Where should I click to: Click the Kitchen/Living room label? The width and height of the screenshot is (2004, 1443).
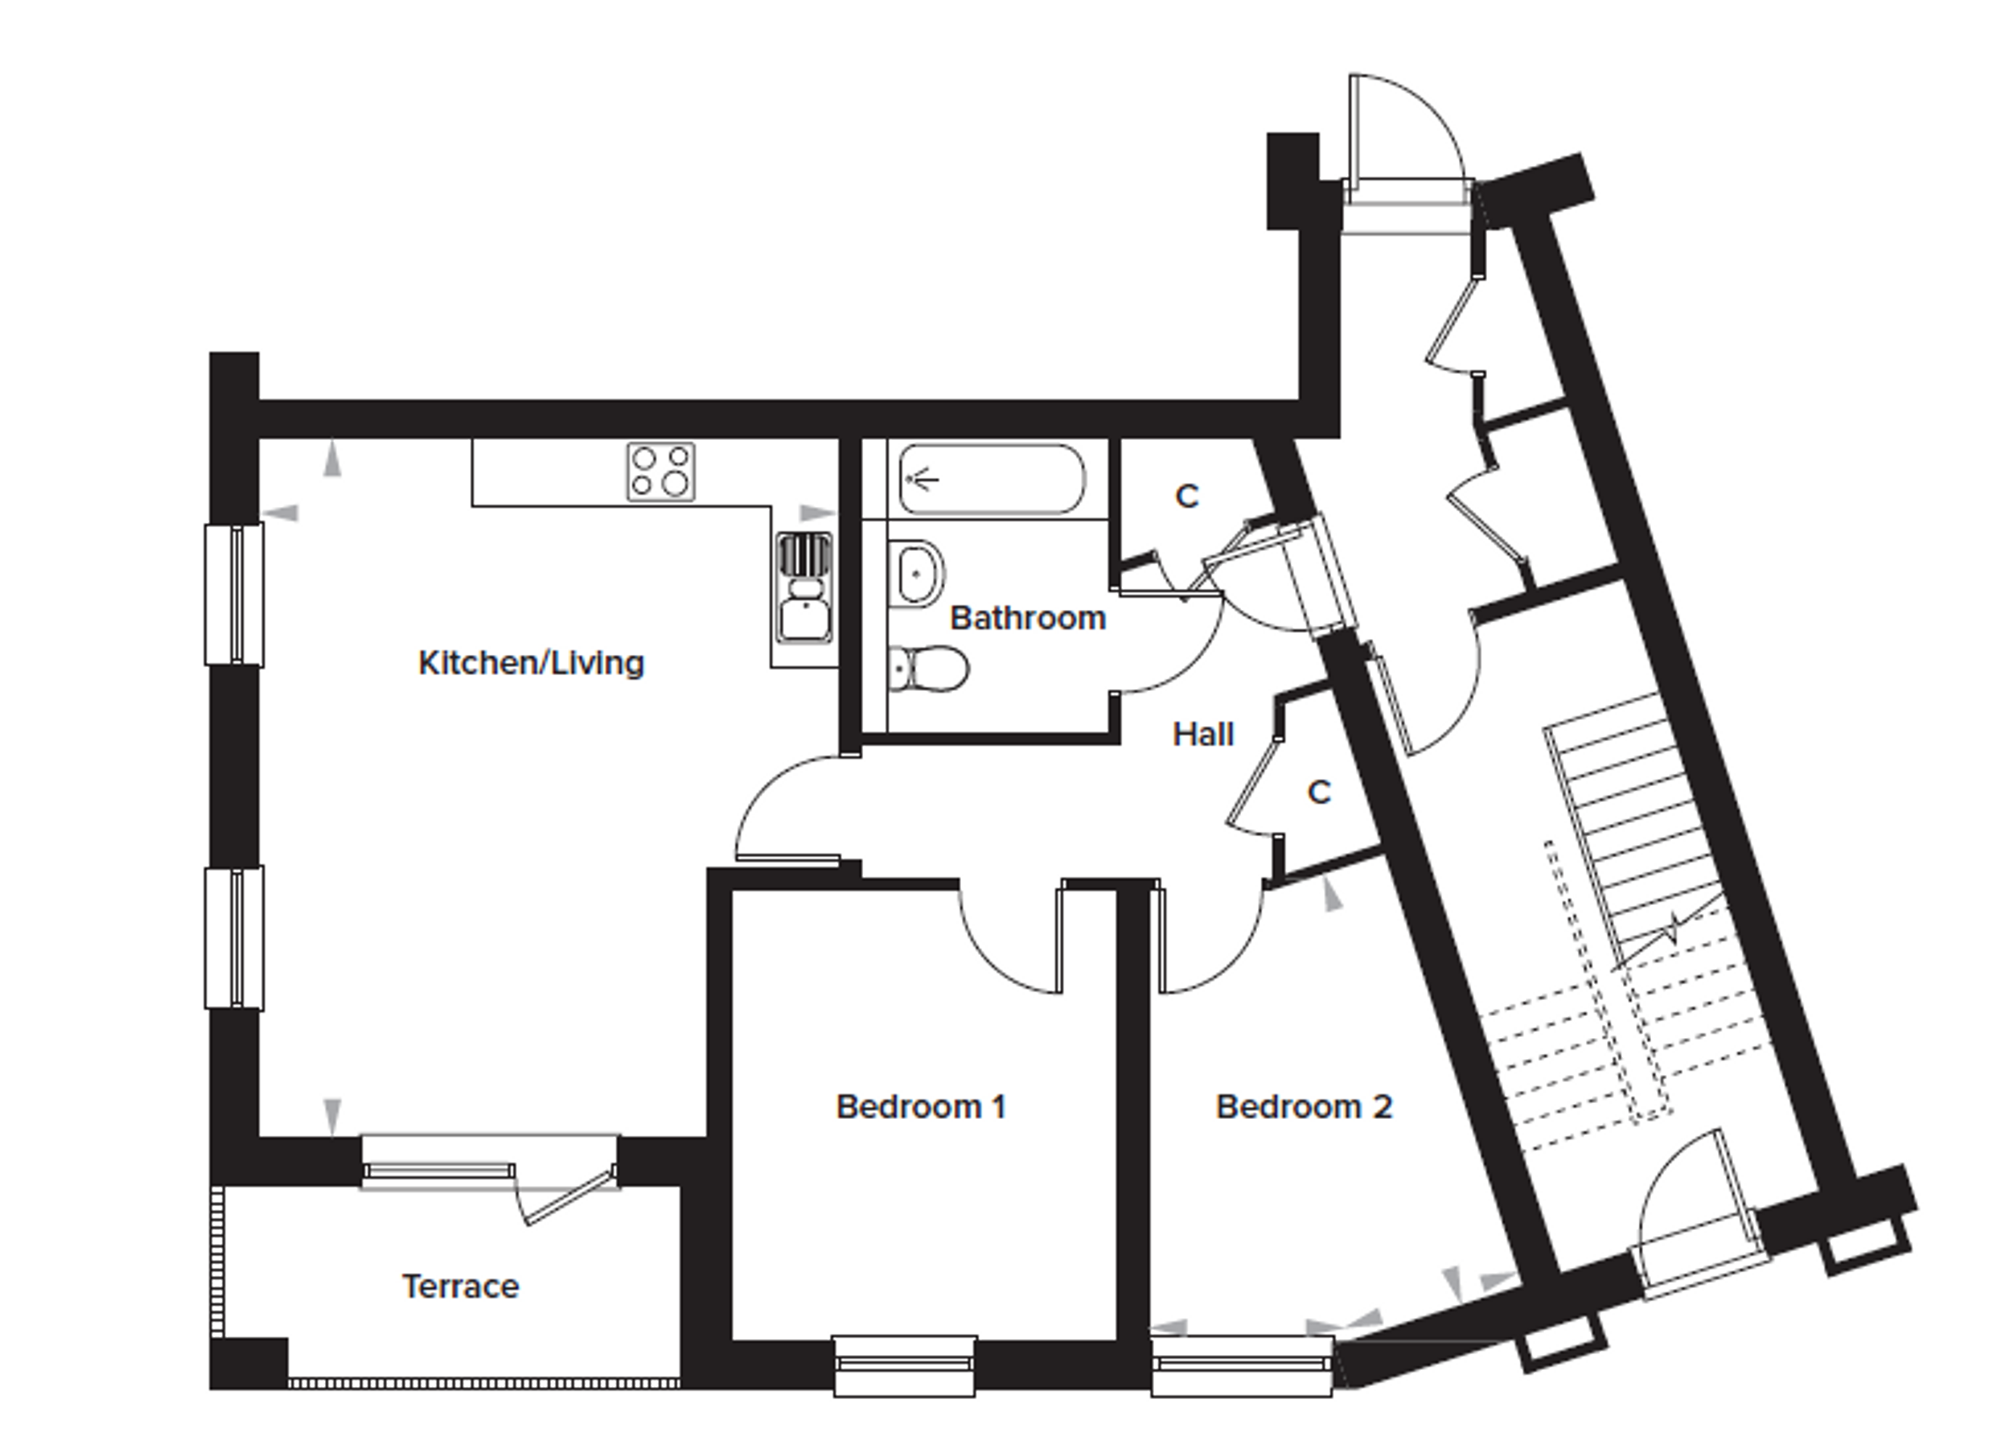(531, 663)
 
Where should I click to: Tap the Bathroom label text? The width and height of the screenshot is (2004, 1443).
(1028, 618)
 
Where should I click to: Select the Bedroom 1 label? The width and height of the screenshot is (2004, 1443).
(921, 1107)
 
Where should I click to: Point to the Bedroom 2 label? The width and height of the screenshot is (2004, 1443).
(1304, 1107)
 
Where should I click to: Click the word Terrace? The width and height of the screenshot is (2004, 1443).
(460, 1287)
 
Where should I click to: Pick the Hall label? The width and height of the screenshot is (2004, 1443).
(1203, 734)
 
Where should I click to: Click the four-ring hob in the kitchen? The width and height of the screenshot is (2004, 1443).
(661, 472)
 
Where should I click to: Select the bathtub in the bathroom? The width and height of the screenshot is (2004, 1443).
(991, 479)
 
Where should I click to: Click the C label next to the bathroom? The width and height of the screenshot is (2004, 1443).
(1186, 497)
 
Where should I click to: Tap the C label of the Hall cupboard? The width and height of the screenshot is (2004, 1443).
(1319, 792)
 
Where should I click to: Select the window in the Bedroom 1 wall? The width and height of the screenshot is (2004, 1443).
(906, 1366)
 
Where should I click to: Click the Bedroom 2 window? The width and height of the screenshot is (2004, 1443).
(1241, 1366)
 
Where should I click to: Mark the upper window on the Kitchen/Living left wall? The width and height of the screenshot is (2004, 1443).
(234, 594)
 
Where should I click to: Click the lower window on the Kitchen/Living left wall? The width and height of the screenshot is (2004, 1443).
(234, 938)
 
